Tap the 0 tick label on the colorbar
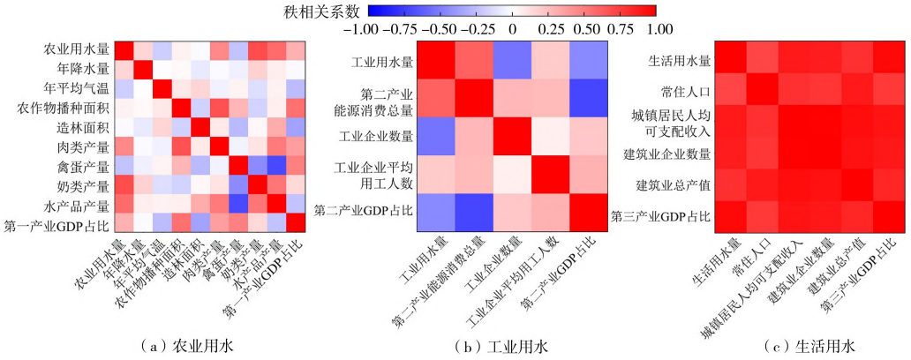pos(511,28)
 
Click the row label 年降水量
pos(84,67)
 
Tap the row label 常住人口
pos(684,91)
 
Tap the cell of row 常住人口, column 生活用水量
pos(731,89)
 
